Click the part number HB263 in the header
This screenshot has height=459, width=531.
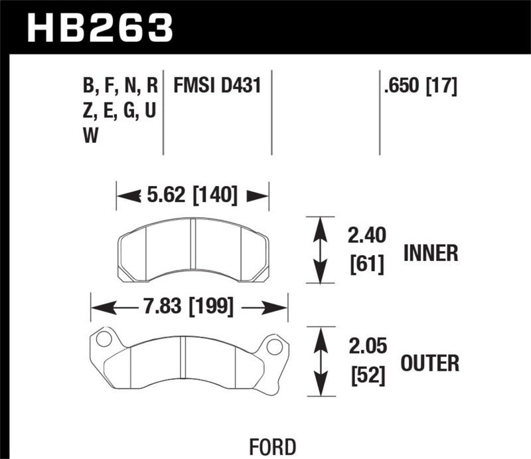click(x=100, y=28)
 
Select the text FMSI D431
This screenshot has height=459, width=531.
click(x=217, y=86)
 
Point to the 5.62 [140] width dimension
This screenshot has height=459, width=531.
click(x=192, y=195)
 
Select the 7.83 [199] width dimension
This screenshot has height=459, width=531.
click(x=189, y=307)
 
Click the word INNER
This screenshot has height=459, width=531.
click(x=430, y=253)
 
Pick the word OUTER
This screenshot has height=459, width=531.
click(x=430, y=363)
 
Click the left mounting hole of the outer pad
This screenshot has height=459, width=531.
click(x=104, y=339)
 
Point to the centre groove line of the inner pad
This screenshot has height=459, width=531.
click(x=192, y=250)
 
